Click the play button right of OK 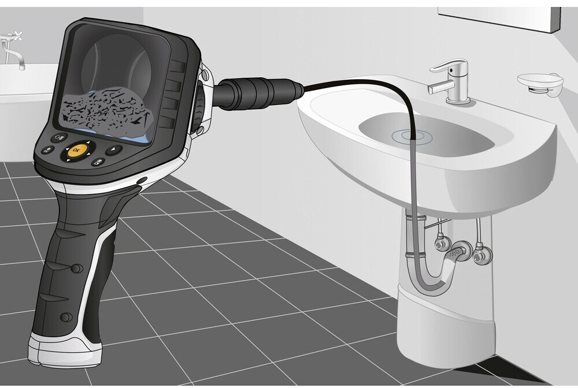[114, 150]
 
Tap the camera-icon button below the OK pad [98, 162]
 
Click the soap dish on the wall [540, 84]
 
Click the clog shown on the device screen [108, 110]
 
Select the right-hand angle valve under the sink [481, 254]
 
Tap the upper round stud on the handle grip [76, 268]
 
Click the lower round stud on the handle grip [66, 317]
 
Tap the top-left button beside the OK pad [59, 139]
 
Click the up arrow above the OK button [88, 141]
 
